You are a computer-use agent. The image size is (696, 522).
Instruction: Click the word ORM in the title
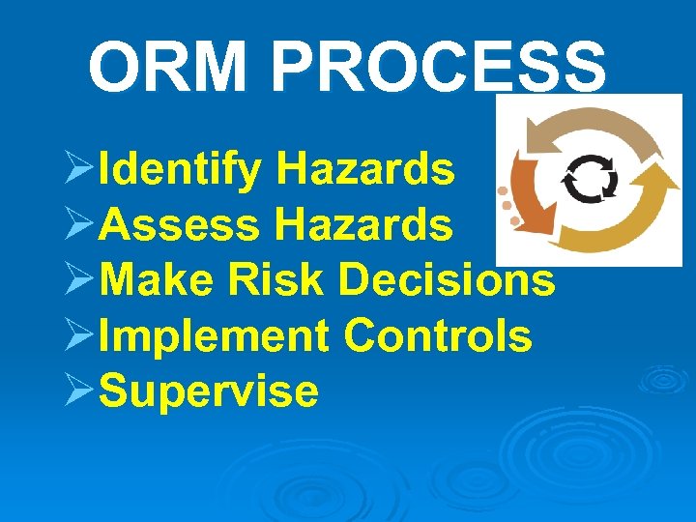(x=170, y=67)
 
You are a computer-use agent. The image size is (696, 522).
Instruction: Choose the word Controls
(x=438, y=336)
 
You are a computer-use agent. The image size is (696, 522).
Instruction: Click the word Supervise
(x=210, y=391)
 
